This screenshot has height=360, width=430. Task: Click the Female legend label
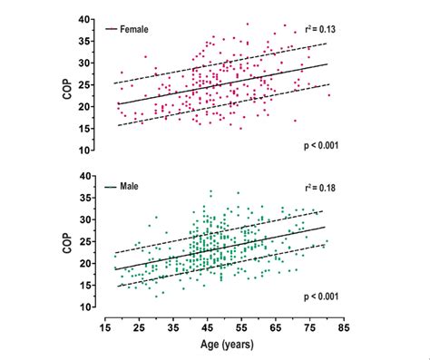coord(133,29)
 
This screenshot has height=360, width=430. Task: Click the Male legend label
coord(130,188)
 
